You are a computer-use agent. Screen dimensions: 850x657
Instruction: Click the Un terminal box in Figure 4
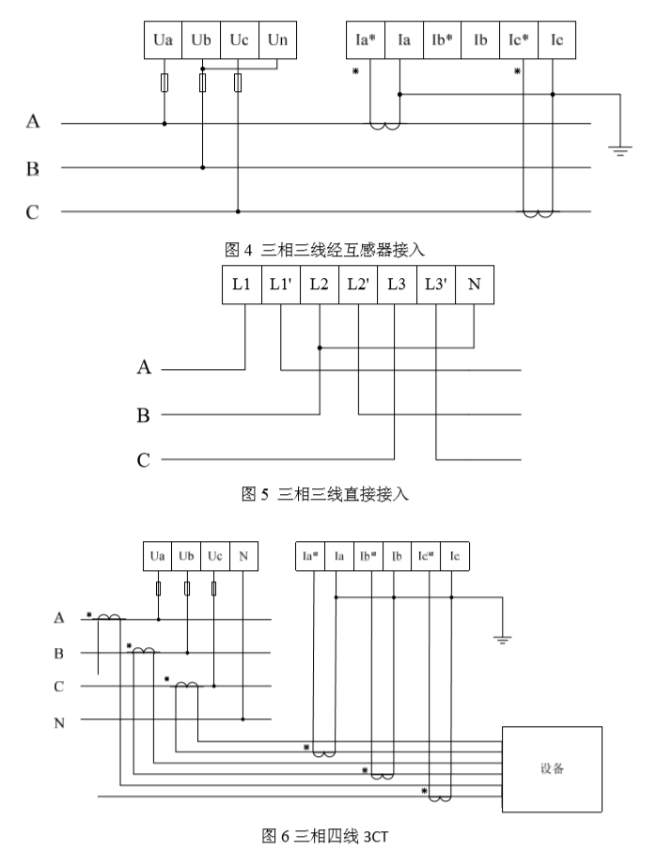pyautogui.click(x=277, y=41)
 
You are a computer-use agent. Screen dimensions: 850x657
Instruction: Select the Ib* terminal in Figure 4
pyautogui.click(x=443, y=41)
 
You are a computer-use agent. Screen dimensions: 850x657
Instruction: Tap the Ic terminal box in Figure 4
pyautogui.click(x=557, y=41)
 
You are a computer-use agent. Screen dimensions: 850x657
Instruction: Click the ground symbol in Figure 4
pyautogui.click(x=620, y=148)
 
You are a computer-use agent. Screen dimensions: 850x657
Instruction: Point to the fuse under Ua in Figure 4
pyautogui.click(x=165, y=85)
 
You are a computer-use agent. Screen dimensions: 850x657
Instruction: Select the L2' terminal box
pyautogui.click(x=357, y=286)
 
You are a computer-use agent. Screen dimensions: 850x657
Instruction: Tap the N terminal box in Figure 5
pyautogui.click(x=473, y=286)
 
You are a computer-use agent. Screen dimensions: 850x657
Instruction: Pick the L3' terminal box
pyautogui.click(x=435, y=286)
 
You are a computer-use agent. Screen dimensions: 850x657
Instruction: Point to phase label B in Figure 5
pyautogui.click(x=143, y=414)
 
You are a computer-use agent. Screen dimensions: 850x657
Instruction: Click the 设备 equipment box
pyautogui.click(x=552, y=767)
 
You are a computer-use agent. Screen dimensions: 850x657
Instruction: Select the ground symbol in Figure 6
pyautogui.click(x=503, y=640)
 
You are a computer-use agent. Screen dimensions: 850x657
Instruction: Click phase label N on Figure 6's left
pyautogui.click(x=58, y=721)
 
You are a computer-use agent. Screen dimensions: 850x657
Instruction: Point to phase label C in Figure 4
pyautogui.click(x=33, y=212)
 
